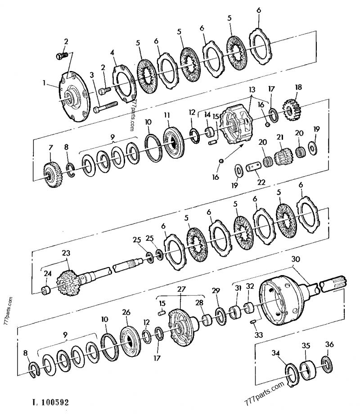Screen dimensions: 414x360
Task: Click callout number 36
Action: (x=329, y=345)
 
